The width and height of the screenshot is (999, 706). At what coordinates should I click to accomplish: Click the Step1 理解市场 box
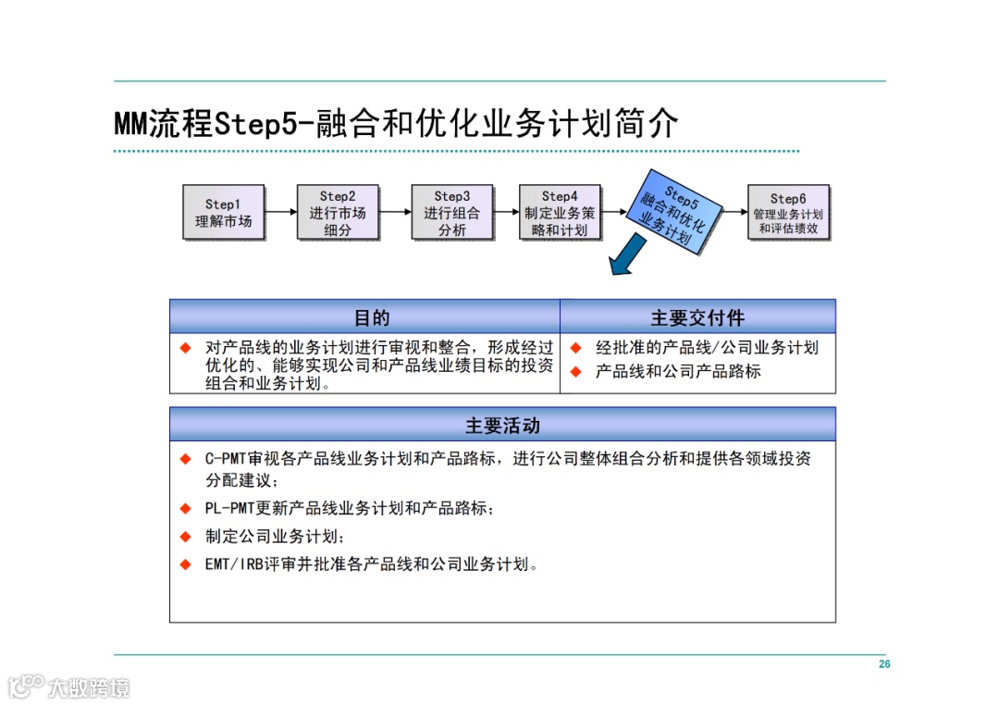click(223, 213)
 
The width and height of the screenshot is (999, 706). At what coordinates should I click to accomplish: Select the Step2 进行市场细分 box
click(338, 213)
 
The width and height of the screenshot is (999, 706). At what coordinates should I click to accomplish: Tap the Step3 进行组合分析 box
click(452, 213)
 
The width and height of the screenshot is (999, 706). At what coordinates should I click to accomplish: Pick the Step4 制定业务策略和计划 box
click(559, 213)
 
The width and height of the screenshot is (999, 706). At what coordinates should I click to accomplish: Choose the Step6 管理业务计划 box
click(788, 213)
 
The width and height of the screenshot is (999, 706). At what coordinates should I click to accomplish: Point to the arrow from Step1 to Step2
click(280, 212)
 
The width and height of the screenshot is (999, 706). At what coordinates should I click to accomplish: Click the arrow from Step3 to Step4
click(506, 212)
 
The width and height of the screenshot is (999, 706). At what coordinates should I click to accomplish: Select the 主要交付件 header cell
click(697, 317)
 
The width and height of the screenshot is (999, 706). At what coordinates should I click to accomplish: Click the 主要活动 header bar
click(502, 426)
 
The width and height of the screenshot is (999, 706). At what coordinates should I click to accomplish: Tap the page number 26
click(884, 664)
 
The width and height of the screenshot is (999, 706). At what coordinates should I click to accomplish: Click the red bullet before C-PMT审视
click(185, 458)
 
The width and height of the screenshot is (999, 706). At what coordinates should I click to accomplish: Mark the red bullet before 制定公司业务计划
click(185, 537)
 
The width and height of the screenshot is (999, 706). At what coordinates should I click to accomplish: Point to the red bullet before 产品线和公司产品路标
click(574, 372)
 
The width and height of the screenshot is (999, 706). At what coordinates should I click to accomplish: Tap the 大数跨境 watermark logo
click(68, 687)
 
